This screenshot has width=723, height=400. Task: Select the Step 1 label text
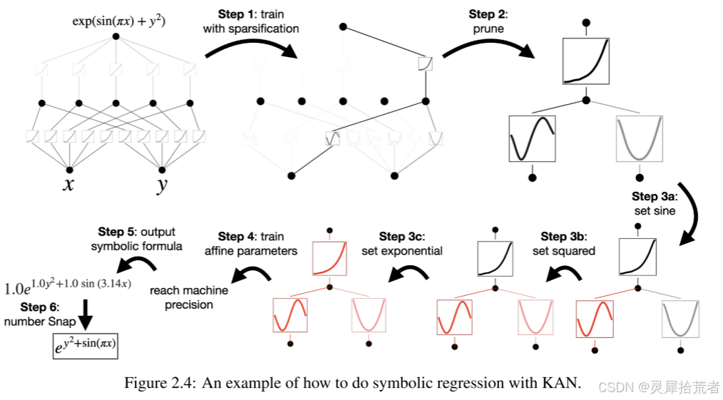coord(251,21)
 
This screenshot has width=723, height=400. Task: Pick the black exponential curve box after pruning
coord(585,61)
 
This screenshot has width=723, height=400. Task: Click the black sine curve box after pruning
coord(531,138)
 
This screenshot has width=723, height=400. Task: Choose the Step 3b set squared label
coord(563,243)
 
